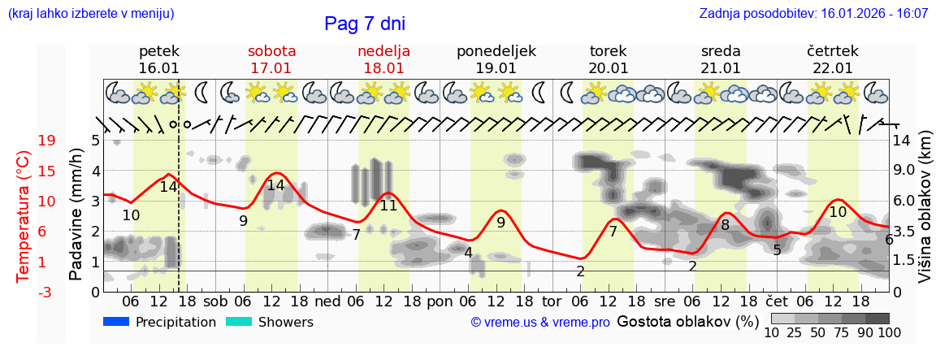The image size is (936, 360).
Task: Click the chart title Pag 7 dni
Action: tap(364, 24)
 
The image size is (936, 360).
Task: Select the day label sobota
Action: tap(271, 51)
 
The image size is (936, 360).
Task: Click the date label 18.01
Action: tap(383, 68)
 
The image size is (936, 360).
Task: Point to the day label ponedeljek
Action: tap(496, 51)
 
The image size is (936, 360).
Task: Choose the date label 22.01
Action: tap(832, 68)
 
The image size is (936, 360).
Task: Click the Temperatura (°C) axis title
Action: tap(24, 215)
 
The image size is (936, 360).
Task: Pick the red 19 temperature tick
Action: tap(47, 141)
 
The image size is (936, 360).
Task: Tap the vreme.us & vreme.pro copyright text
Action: tap(540, 323)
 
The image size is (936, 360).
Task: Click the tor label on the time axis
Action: tap(552, 300)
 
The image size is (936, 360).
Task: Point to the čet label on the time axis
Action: tap(777, 300)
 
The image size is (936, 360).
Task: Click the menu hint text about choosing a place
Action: tap(90, 14)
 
